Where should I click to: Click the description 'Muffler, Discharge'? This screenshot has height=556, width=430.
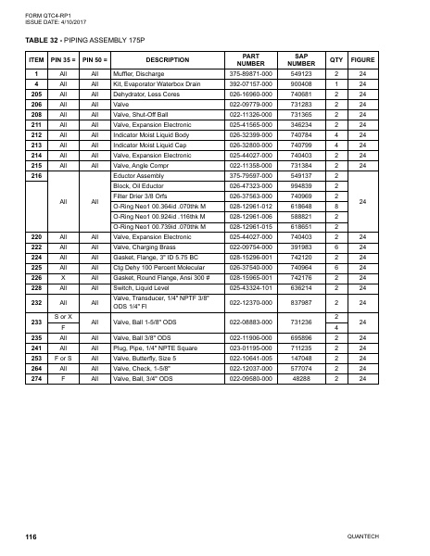click(x=133, y=75)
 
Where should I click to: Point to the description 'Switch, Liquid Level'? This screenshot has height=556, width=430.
click(x=139, y=286)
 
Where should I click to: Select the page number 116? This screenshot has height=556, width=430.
click(x=32, y=537)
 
